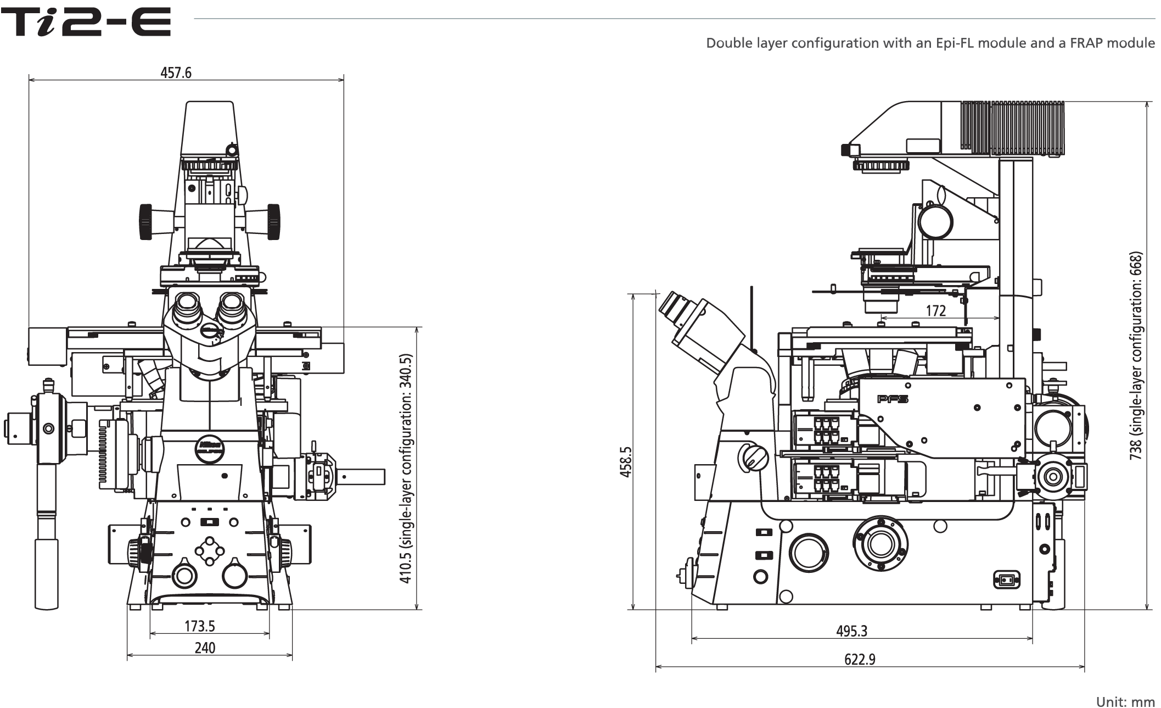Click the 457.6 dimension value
176,73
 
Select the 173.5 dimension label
199,626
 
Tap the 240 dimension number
205,648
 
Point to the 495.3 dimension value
851,631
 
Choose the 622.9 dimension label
860,659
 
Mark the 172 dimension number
936,311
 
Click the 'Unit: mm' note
1125,702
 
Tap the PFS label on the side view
893,399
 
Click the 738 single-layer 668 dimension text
1136,356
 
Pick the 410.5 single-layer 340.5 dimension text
406,469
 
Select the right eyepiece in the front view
232,309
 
